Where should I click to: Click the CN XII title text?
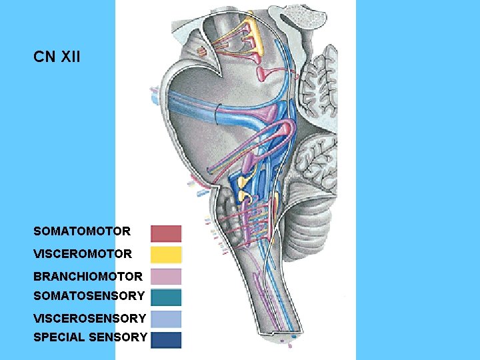click(57, 57)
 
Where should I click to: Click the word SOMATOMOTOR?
click(82, 232)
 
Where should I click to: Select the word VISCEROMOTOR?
click(83, 254)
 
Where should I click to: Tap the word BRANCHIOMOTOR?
click(88, 276)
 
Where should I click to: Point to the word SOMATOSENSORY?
click(89, 295)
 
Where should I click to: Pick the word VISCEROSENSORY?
click(89, 319)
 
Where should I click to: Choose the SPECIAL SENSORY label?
click(90, 337)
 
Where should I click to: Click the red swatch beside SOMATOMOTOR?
click(166, 233)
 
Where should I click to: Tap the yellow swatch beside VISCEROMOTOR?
click(166, 255)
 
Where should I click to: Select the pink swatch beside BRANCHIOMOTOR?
click(166, 276)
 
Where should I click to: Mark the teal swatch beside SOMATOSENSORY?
click(166, 297)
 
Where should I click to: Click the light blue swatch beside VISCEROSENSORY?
click(166, 319)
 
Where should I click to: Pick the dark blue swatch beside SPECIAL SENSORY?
click(166, 339)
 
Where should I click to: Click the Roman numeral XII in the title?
click(70, 57)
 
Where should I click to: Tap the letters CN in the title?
click(44, 57)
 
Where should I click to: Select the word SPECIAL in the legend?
click(57, 337)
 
